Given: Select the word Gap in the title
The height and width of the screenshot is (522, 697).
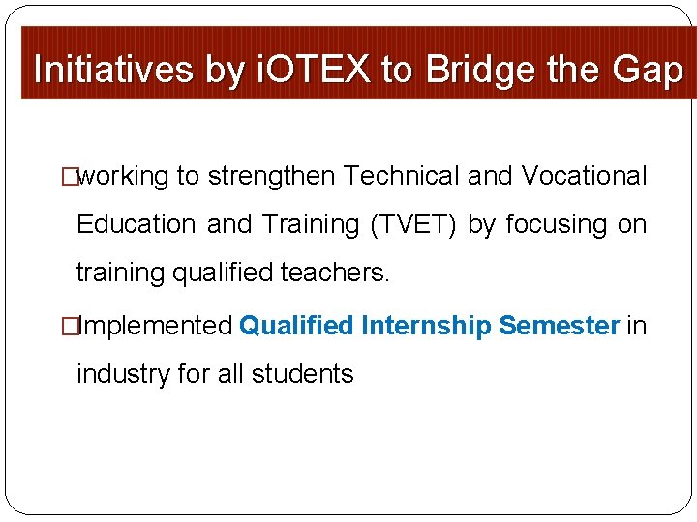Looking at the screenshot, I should [x=648, y=70].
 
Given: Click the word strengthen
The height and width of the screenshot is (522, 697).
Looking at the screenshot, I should [x=271, y=177].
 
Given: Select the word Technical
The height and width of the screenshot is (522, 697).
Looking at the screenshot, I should [x=402, y=177].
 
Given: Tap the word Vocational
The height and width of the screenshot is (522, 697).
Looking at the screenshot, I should [x=584, y=177].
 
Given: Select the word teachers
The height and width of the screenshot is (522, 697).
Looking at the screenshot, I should [x=335, y=273].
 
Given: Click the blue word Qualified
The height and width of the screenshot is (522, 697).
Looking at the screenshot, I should [x=296, y=326].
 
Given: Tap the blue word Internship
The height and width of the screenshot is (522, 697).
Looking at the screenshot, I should [x=426, y=326].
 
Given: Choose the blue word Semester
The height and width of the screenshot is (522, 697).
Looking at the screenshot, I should [x=559, y=326].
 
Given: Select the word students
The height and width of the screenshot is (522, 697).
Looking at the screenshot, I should [x=302, y=373].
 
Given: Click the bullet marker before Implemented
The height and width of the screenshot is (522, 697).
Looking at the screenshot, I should [x=69, y=326].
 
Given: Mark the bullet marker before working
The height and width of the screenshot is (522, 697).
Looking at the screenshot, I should [x=69, y=177].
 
